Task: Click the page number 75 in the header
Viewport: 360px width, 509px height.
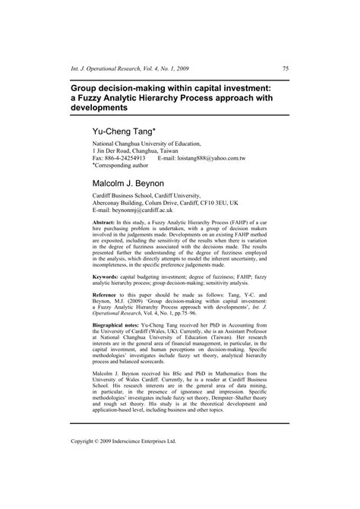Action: [286, 68]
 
